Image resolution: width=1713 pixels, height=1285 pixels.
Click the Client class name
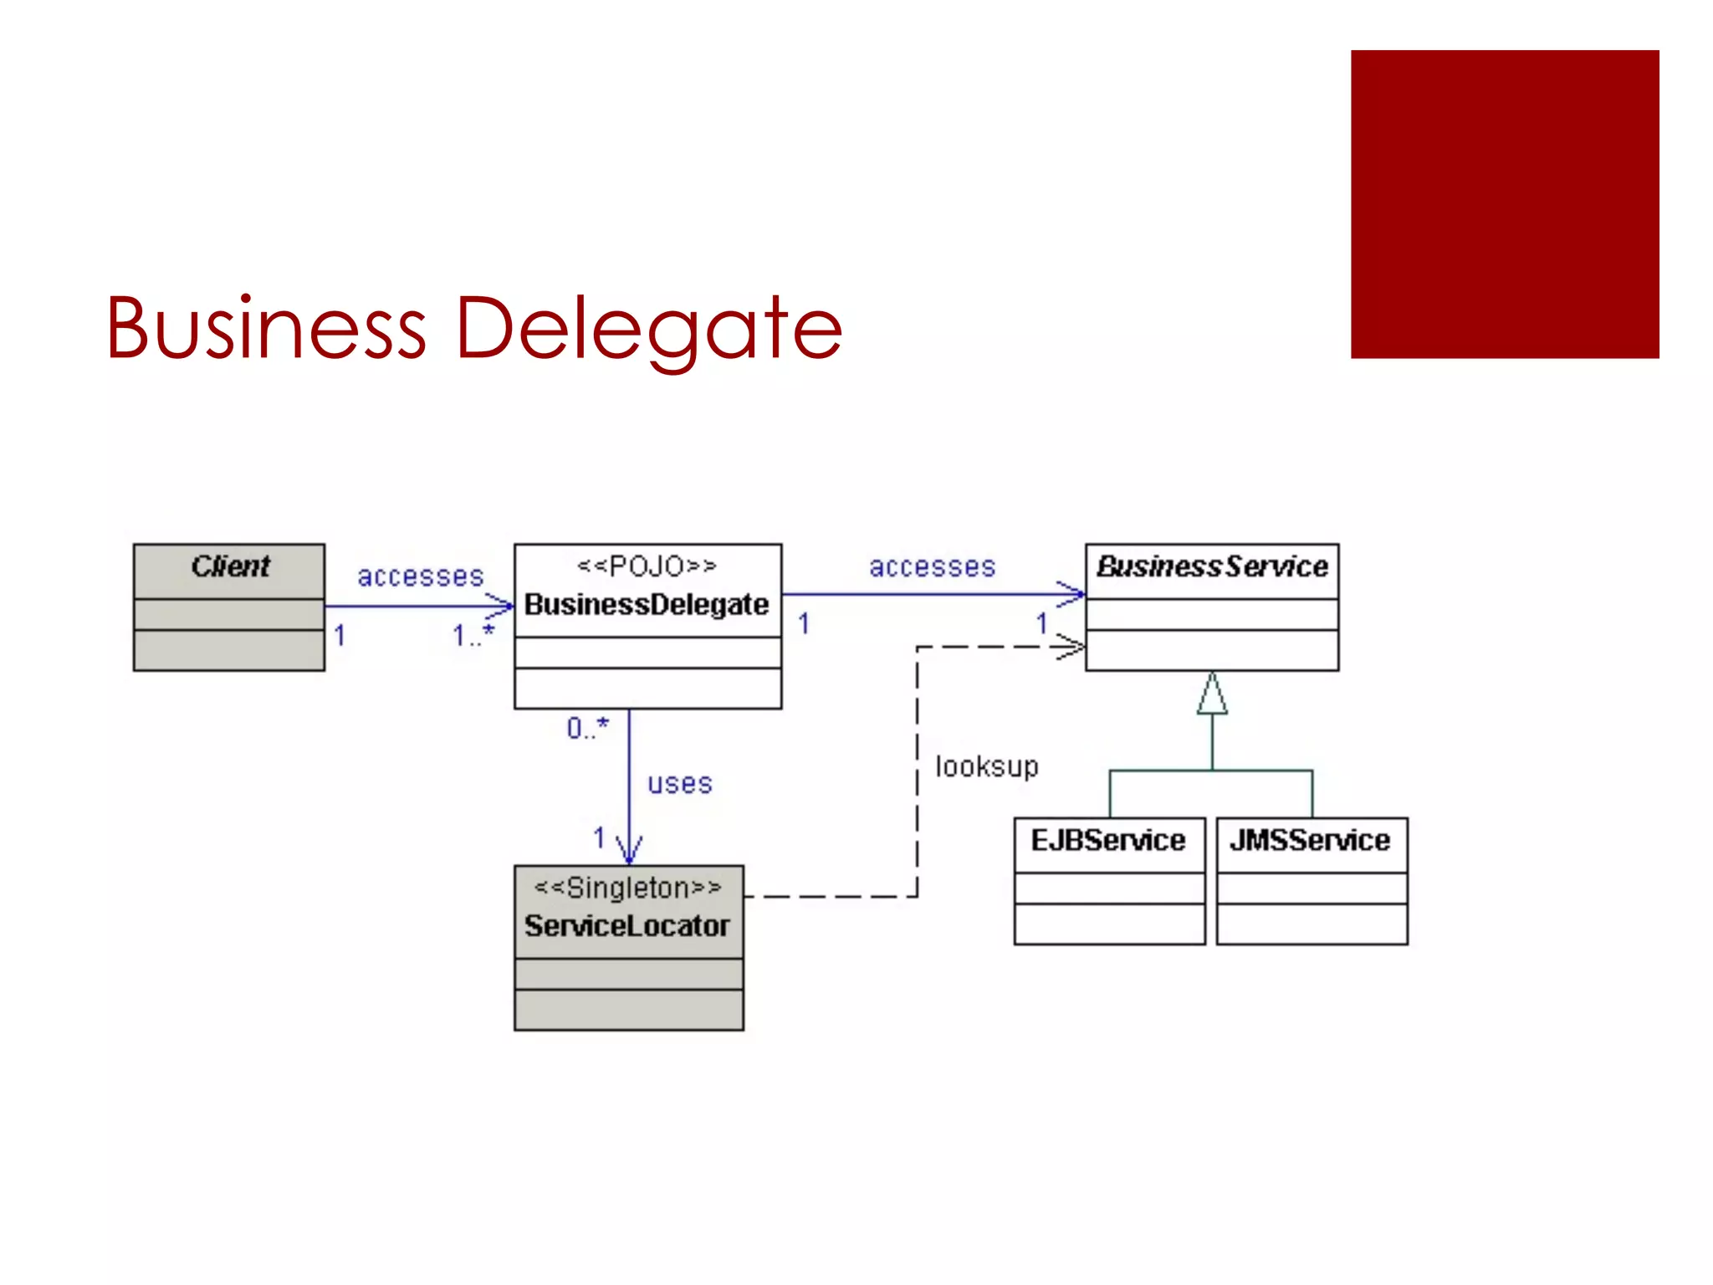(x=230, y=567)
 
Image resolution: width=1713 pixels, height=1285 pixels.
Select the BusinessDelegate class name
(x=647, y=604)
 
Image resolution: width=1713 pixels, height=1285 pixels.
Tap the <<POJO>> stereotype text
(x=647, y=566)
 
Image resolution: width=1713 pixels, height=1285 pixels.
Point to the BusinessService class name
(x=1212, y=567)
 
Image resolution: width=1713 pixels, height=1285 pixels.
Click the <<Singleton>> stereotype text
(x=627, y=888)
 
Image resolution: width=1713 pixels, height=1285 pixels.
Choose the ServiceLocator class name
(x=627, y=926)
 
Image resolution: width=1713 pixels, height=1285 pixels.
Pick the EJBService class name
(x=1108, y=840)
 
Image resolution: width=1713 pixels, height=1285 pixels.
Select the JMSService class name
(x=1310, y=840)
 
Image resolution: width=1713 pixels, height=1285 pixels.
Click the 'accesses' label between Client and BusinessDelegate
(x=421, y=576)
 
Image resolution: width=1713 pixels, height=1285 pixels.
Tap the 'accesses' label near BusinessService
(x=933, y=567)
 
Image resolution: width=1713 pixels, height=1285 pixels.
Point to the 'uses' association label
(x=680, y=784)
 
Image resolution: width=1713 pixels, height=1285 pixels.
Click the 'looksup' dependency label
(x=987, y=766)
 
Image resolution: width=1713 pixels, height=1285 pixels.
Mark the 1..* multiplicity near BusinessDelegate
(x=473, y=635)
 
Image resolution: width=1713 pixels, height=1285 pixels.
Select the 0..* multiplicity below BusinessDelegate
(x=587, y=728)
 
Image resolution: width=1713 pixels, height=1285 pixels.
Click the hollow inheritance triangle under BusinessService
(x=1212, y=694)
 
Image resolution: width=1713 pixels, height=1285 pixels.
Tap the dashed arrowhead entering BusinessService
(x=1071, y=647)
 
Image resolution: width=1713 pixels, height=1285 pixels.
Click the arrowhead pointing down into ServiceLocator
(x=629, y=850)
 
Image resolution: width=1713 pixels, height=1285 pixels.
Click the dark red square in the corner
(x=1505, y=204)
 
